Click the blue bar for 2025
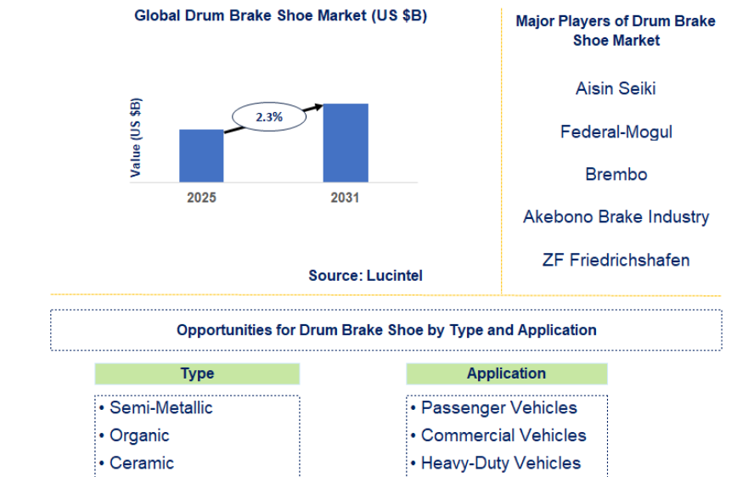pos(201,155)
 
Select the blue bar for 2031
pos(346,143)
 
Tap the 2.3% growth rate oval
pos(269,117)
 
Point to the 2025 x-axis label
pos(201,198)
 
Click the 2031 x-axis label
pos(345,198)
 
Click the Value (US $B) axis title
pos(136,137)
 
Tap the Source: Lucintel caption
pos(365,275)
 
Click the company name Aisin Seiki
pos(616,88)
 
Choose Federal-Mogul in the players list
pos(616,132)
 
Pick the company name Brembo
pos(616,174)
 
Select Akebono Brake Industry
pos(616,216)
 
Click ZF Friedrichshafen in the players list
pos(616,260)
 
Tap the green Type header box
pos(197,373)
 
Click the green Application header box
pos(507,373)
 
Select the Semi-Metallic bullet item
pos(155,408)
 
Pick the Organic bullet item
pos(134,436)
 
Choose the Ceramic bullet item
pos(137,463)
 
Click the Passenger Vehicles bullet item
pos(494,408)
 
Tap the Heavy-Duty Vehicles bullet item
pos(496,463)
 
